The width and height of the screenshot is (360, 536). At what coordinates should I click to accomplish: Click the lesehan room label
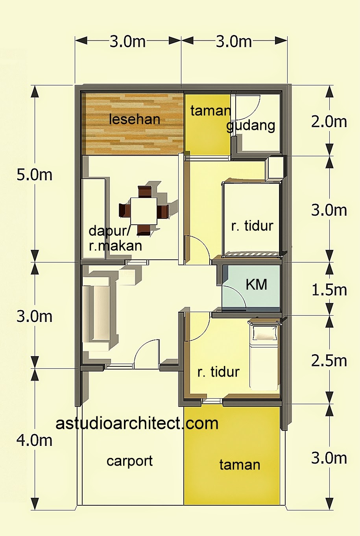point(135,119)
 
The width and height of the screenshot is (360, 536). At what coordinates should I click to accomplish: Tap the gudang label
point(251,126)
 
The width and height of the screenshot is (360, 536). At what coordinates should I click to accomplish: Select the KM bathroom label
point(256,284)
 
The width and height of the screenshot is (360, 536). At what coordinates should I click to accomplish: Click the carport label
point(129,461)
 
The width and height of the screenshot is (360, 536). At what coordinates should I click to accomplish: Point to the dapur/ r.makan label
point(115,238)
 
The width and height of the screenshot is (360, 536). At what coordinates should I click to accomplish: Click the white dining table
point(144,211)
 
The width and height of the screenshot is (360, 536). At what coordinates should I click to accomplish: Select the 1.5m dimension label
point(329,290)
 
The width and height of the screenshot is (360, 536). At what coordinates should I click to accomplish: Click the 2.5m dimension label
point(329,360)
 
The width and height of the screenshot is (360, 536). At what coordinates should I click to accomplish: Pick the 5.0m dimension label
point(34,174)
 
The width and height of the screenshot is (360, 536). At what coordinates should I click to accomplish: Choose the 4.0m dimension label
point(34,440)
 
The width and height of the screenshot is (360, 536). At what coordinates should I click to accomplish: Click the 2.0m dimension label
point(329,122)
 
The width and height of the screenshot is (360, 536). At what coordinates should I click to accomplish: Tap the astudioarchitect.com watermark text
point(137,423)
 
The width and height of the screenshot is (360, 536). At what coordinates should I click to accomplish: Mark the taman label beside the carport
point(240,465)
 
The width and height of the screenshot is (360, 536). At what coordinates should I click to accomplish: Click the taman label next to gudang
point(210,111)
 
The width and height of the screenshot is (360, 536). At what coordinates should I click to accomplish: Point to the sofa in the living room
point(96,313)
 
